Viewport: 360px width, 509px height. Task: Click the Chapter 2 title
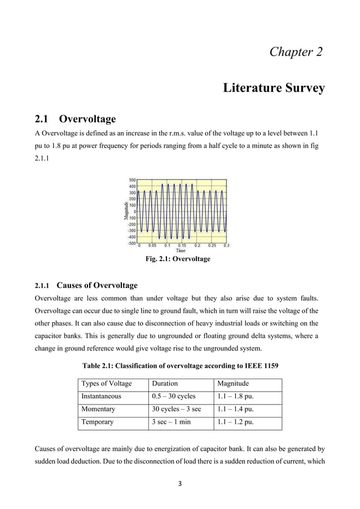point(296,52)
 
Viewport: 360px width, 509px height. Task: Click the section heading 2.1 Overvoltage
point(75,119)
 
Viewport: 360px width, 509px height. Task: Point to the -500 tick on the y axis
point(131,244)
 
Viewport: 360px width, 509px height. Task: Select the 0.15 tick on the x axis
point(182,246)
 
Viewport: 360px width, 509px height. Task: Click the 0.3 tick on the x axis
point(226,246)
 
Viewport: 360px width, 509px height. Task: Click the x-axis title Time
point(181,251)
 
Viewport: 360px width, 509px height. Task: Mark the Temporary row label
point(97,422)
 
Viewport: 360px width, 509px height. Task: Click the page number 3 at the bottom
point(180,484)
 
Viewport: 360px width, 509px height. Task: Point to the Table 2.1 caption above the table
point(180,365)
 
